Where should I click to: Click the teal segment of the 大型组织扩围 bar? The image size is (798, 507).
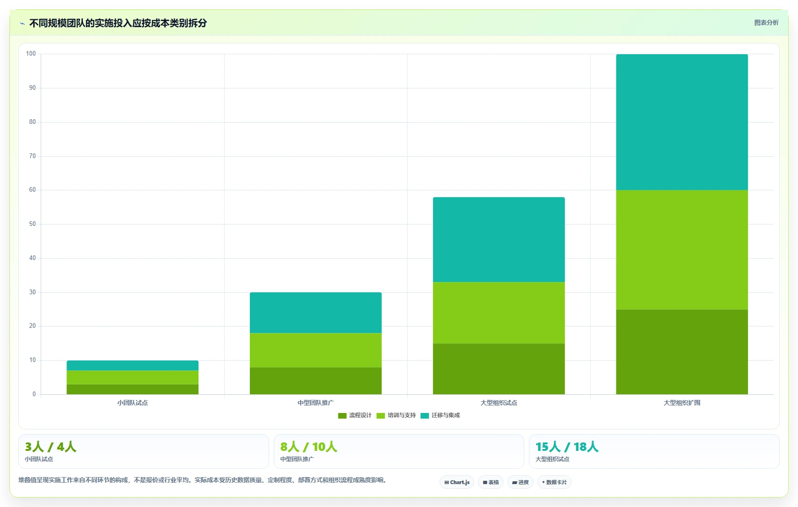[682, 122]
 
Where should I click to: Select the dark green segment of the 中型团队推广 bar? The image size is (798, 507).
[315, 381]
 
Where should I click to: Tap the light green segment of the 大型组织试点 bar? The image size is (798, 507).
[499, 313]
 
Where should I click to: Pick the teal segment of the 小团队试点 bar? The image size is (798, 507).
[132, 366]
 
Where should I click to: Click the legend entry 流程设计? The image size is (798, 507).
[354, 415]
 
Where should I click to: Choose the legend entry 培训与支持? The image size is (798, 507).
[396, 415]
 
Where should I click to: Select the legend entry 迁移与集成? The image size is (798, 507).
[440, 415]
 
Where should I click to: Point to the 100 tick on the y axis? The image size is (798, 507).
[31, 54]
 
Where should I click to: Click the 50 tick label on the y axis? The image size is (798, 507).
[32, 224]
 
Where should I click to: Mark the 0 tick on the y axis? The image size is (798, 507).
[34, 394]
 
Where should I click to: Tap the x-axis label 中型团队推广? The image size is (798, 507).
[315, 403]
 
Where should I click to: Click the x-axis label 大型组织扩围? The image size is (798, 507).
[682, 403]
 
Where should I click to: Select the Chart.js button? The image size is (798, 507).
[457, 482]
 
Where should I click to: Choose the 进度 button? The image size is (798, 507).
[520, 482]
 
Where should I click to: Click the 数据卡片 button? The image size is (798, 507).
[554, 482]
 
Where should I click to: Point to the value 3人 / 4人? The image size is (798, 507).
[51, 447]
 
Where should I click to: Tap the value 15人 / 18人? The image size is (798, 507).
[567, 447]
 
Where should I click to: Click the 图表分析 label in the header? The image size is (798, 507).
[766, 23]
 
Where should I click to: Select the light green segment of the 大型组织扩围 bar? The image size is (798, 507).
[682, 250]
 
